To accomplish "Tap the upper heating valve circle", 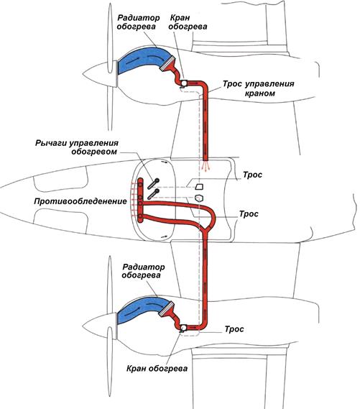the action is pyautogui.click(x=184, y=83).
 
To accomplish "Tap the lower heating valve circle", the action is pyautogui.click(x=183, y=327).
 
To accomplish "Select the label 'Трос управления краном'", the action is pyautogui.click(x=259, y=88).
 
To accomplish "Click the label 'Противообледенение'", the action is pyautogui.click(x=80, y=201).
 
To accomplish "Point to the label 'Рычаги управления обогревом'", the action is pyautogui.click(x=77, y=147).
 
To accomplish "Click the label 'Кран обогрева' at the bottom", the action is pyautogui.click(x=157, y=368).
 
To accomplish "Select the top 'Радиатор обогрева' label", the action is pyautogui.click(x=138, y=22).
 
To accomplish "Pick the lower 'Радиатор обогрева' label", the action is pyautogui.click(x=143, y=271).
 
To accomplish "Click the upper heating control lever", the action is pyautogui.click(x=153, y=183).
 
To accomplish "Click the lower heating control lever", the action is pyautogui.click(x=153, y=194).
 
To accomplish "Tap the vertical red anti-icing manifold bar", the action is pyautogui.click(x=140, y=201).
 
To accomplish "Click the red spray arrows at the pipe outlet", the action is pyautogui.click(x=206, y=166).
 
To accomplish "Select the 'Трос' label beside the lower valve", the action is pyautogui.click(x=234, y=329).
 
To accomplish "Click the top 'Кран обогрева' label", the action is pyautogui.click(x=188, y=22).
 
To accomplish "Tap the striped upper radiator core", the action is pyautogui.click(x=167, y=63).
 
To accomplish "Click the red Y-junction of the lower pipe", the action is pyautogui.click(x=206, y=229).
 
